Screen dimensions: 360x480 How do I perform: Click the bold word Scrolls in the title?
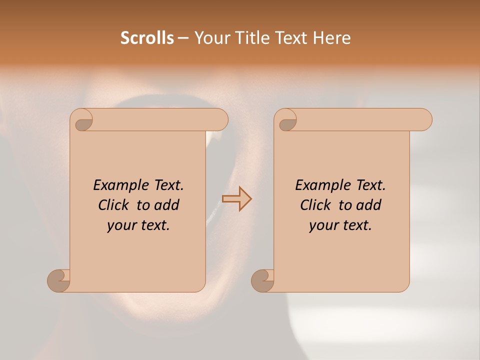click(147, 38)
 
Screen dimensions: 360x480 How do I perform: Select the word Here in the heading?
click(332, 38)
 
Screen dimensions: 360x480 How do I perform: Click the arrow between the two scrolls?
click(236, 199)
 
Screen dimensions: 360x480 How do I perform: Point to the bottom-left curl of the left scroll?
click(59, 280)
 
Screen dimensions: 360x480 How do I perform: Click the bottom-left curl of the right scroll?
click(263, 280)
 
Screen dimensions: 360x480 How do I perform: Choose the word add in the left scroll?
click(167, 205)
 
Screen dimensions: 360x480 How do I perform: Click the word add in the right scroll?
click(369, 205)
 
